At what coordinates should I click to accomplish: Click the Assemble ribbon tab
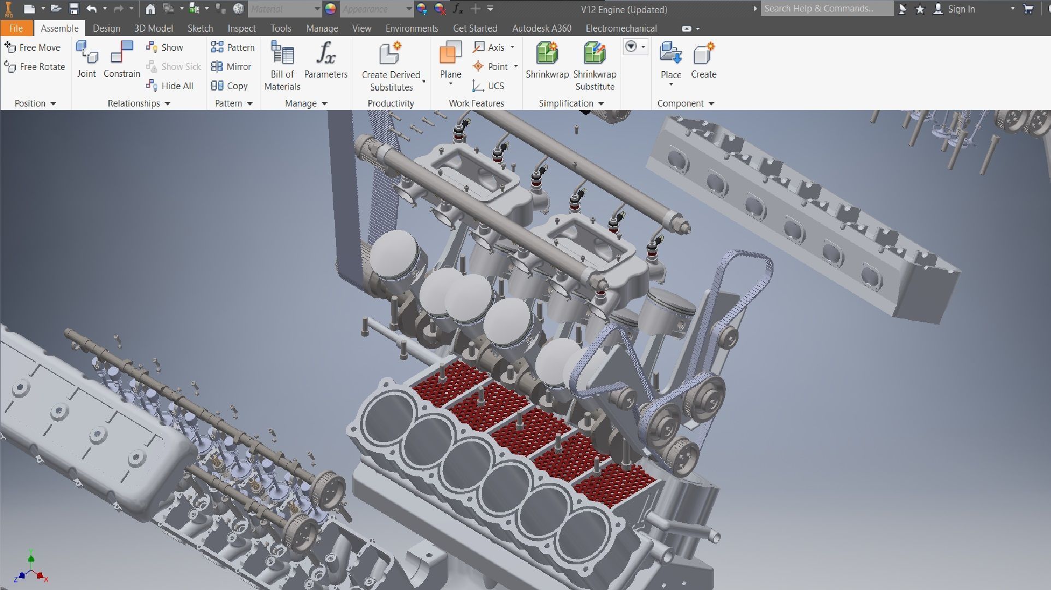pos(60,28)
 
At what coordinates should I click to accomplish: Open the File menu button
pos(16,28)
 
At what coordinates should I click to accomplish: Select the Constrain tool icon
pos(122,54)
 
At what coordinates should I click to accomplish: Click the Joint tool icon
pos(86,54)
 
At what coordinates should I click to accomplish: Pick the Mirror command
pos(232,67)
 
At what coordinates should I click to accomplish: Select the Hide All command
pos(170,86)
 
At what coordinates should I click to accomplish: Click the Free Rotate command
pos(35,67)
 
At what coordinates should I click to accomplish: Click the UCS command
pos(489,86)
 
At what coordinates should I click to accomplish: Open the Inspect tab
pos(241,28)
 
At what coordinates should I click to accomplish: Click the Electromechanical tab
pos(621,28)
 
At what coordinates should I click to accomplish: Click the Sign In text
pos(961,9)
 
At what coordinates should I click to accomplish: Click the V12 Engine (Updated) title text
pos(624,10)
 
